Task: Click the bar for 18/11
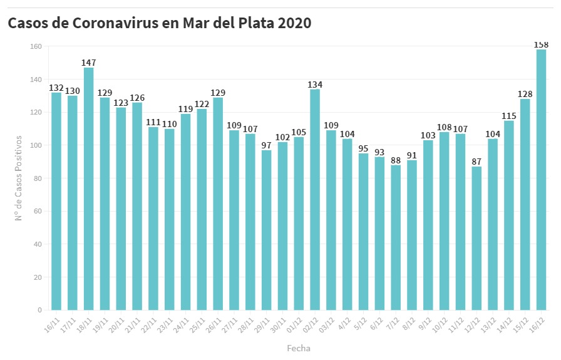[88, 188]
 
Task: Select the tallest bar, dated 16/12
[541, 180]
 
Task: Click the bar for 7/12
[396, 237]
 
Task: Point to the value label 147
[88, 63]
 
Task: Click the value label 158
[541, 44]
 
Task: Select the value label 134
[315, 85]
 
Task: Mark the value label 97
[266, 145]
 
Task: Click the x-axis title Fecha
[298, 348]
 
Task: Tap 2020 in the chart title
[294, 23]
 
